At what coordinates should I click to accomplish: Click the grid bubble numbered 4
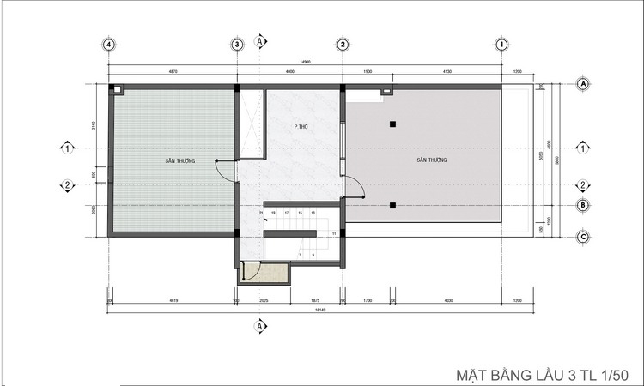click(x=108, y=44)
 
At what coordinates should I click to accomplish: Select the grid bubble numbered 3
click(x=237, y=44)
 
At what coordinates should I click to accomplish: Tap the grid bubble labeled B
click(x=582, y=204)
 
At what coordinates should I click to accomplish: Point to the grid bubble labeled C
click(x=582, y=238)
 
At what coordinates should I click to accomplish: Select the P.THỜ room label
click(x=301, y=127)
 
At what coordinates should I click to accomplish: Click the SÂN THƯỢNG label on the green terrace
click(x=180, y=161)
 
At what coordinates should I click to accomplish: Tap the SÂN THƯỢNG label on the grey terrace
click(x=432, y=160)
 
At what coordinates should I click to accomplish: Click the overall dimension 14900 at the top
click(x=305, y=62)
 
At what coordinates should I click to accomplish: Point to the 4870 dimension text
click(x=173, y=72)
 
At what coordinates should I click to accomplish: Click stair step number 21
click(x=261, y=212)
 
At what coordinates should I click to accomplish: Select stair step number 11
click(x=332, y=233)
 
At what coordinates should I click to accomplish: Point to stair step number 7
click(x=300, y=256)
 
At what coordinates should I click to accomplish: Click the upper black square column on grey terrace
click(x=392, y=125)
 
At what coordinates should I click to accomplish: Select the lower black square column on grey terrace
click(x=392, y=205)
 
